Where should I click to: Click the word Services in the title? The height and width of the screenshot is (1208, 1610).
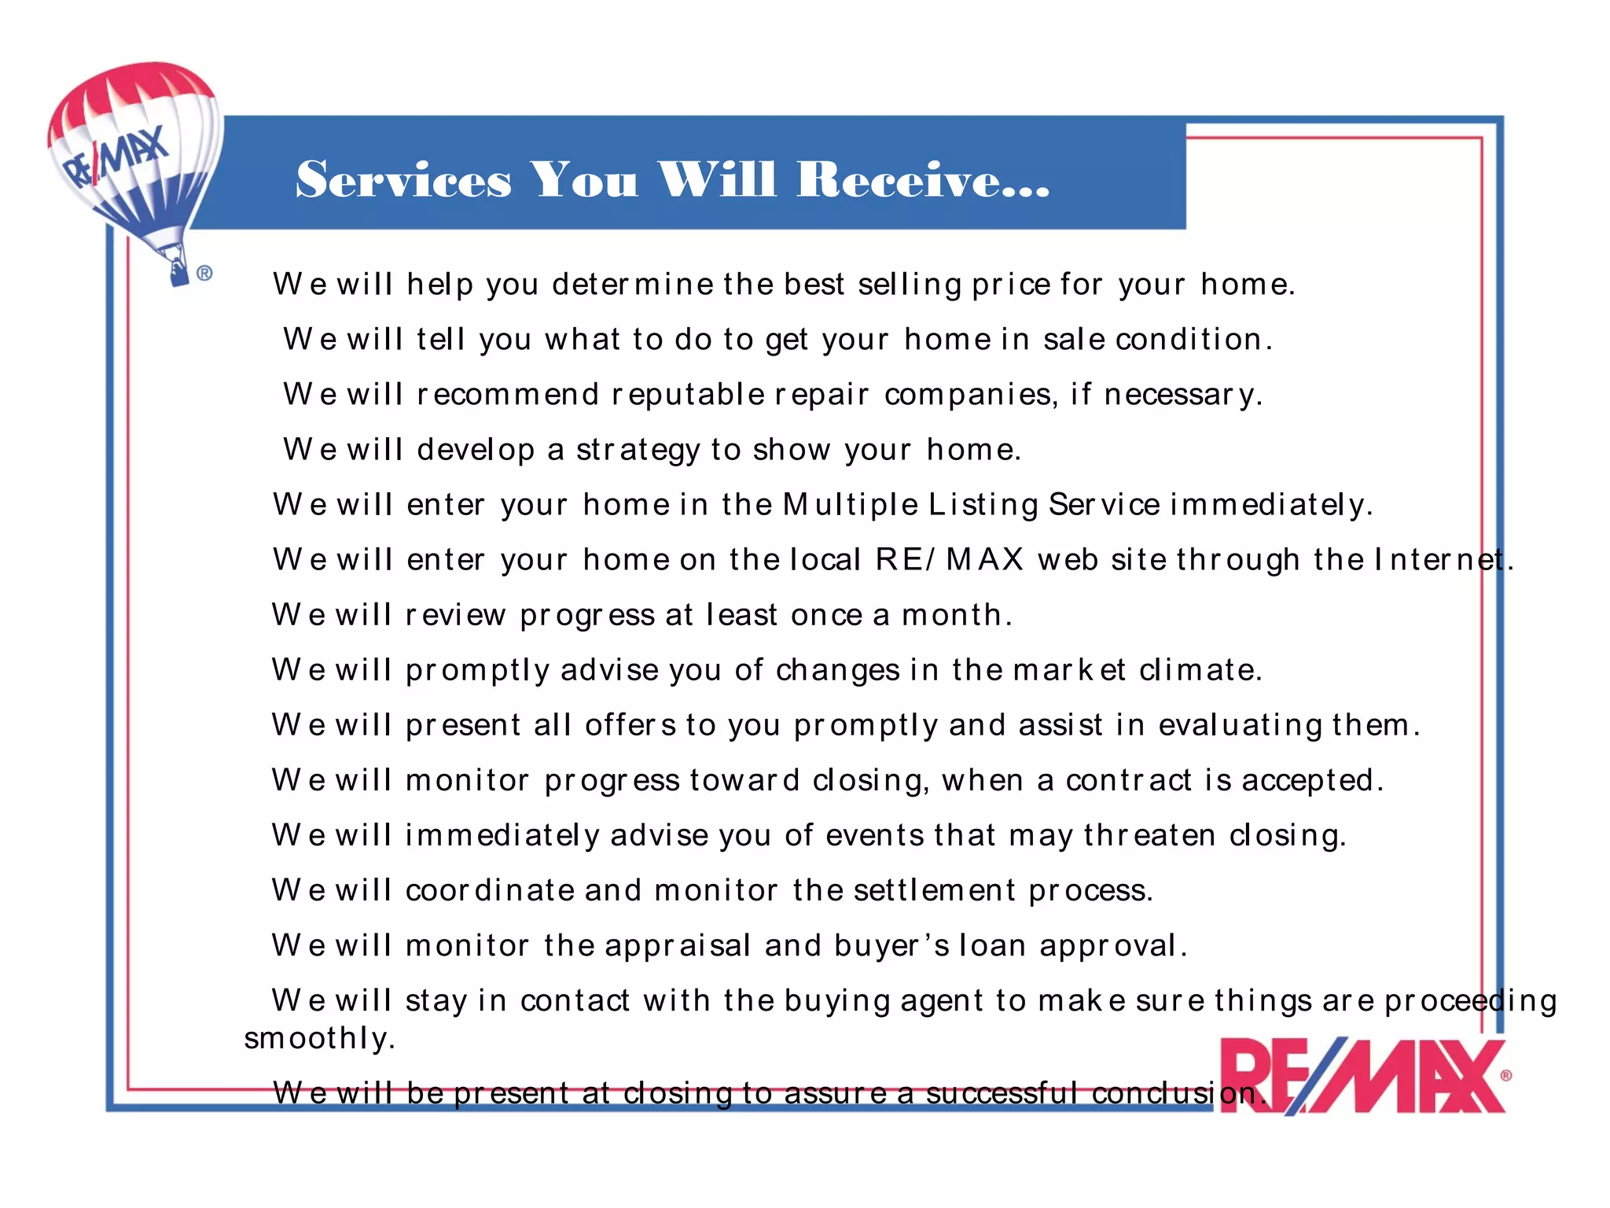coord(403,179)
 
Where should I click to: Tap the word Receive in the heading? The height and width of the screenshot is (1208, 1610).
coord(922,179)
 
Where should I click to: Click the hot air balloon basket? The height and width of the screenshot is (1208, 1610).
coord(178,272)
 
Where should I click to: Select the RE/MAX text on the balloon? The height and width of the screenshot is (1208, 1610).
coord(115,158)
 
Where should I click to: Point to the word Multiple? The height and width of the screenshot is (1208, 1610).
coord(851,505)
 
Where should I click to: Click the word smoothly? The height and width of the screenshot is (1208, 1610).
coord(319,1039)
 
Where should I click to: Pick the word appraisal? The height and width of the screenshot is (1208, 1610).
coord(678,945)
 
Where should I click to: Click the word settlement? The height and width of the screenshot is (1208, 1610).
coord(935,890)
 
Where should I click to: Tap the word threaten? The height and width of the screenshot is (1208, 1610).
coord(1150,835)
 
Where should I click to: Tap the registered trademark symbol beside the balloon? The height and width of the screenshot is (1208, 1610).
coord(204,274)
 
